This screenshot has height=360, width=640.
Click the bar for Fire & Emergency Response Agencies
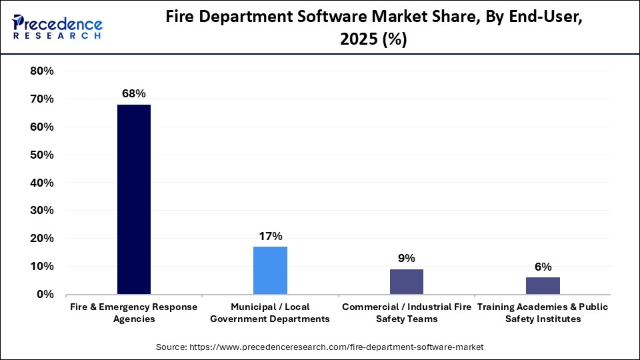coord(134,199)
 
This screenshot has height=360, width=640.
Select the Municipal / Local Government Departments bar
coord(270,270)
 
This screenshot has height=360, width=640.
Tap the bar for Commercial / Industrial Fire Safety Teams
coord(406,281)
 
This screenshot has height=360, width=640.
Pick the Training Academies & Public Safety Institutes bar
coord(543,285)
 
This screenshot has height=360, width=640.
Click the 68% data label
coord(134,94)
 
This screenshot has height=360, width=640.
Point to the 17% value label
coord(270,236)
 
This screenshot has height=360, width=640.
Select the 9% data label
coord(406,258)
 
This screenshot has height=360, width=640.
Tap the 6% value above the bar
coord(543,267)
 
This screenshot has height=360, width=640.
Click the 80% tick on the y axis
coord(42,71)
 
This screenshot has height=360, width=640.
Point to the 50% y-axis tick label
coord(42,155)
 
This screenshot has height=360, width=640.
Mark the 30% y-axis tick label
coord(42,211)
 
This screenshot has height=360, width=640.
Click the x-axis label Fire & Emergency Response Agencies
coord(134,313)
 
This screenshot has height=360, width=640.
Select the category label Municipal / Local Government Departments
coord(270,313)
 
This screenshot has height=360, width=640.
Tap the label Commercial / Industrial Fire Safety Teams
coord(406,313)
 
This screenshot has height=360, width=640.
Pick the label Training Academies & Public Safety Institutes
coord(543,313)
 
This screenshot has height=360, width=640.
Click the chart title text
coord(374,29)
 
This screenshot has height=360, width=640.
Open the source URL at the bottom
coord(319,347)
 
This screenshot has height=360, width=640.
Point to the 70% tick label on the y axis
coord(42,99)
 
